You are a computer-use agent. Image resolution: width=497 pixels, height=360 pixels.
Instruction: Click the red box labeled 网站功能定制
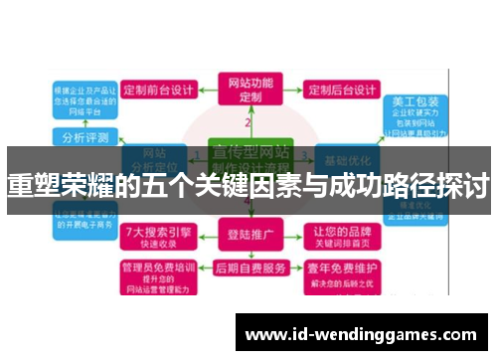pos(248,90)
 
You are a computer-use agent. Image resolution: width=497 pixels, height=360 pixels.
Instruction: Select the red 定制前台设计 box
pos(157,90)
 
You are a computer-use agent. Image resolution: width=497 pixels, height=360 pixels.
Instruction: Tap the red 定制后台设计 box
pos(340,90)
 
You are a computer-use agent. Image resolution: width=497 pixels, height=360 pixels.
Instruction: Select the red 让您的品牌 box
pos(342,237)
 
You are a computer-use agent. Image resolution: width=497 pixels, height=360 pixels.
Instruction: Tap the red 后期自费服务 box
pos(248,269)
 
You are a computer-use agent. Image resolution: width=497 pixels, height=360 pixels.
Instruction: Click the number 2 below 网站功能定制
pos(248,123)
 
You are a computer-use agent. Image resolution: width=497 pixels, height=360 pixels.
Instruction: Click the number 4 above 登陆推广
pos(248,201)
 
